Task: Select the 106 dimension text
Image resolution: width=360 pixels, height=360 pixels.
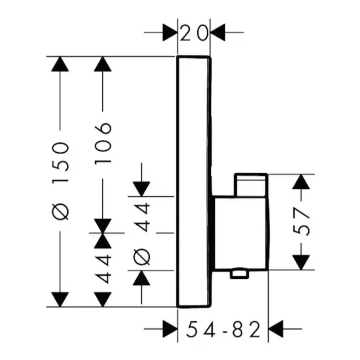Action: click(x=103, y=143)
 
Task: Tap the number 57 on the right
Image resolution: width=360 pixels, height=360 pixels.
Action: click(x=304, y=221)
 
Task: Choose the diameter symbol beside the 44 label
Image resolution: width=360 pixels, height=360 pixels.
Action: click(x=142, y=255)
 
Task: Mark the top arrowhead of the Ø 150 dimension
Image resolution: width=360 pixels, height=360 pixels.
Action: click(x=61, y=65)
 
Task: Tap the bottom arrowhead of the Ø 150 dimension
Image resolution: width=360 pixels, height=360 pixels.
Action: click(x=61, y=299)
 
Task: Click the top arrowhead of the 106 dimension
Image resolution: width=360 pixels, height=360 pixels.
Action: click(x=103, y=65)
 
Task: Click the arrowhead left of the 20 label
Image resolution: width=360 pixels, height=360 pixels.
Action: click(x=170, y=33)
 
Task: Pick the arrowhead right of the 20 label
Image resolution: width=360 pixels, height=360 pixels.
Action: click(x=218, y=33)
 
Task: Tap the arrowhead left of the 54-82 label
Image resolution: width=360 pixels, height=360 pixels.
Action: click(x=170, y=328)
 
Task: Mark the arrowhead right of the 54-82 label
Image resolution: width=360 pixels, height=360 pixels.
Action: click(x=277, y=328)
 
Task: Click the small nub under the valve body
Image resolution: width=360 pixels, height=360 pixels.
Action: click(x=238, y=274)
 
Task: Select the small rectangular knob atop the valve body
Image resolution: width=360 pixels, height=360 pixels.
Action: click(x=250, y=184)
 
